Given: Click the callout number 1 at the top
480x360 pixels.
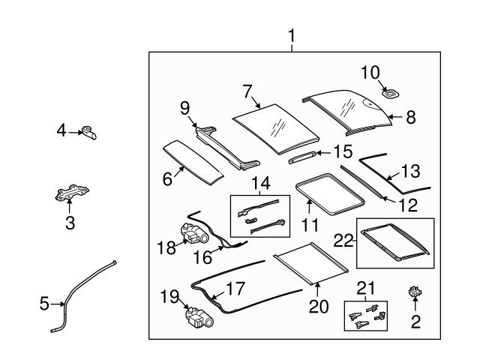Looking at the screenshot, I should (x=291, y=34).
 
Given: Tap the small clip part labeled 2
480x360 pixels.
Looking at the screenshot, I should (x=414, y=292).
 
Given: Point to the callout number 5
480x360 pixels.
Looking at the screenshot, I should (x=43, y=304).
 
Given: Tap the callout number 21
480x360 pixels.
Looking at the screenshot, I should (x=364, y=289).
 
